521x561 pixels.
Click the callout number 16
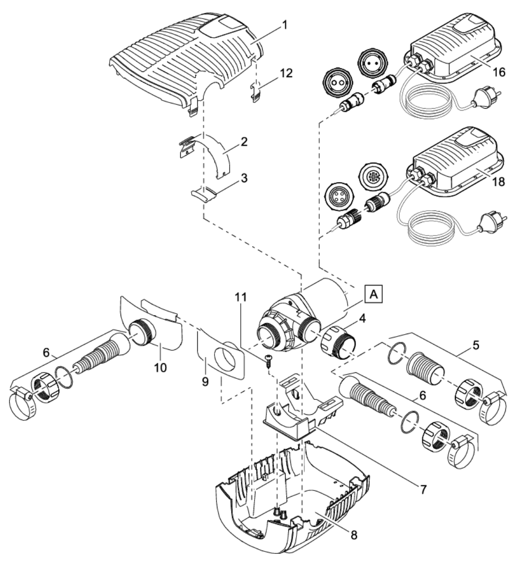pyautogui.click(x=499, y=72)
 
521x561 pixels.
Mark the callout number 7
pyautogui.click(x=422, y=489)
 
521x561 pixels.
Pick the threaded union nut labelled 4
pyautogui.click(x=339, y=342)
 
